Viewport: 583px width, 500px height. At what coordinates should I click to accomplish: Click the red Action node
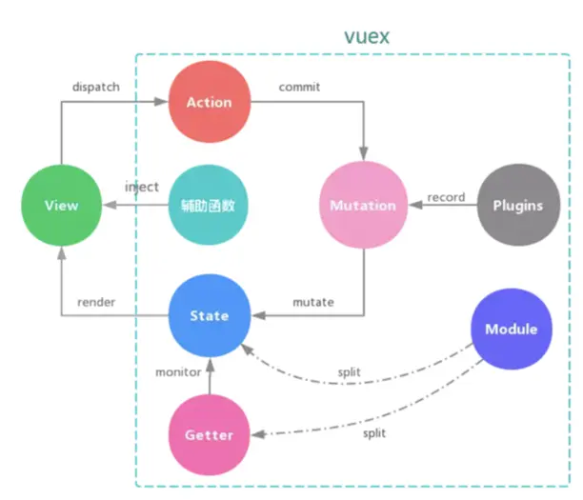(x=208, y=102)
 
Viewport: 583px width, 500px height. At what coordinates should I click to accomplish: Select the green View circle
(x=61, y=205)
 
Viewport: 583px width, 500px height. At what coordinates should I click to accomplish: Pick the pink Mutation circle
(x=362, y=205)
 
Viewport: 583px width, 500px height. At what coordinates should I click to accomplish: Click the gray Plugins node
(x=517, y=205)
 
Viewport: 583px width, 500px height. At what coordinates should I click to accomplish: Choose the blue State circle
(x=208, y=315)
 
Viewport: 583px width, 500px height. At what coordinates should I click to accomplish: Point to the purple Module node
(x=511, y=330)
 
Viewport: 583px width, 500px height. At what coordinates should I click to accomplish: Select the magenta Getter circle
(x=208, y=434)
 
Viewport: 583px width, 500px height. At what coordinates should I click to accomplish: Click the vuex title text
(x=367, y=36)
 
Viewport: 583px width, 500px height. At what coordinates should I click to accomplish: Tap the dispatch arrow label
(x=96, y=87)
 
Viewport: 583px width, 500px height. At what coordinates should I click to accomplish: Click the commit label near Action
(x=299, y=87)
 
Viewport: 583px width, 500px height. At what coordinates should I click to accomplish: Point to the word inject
(x=142, y=187)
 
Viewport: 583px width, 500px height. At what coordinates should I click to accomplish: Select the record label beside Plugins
(x=446, y=197)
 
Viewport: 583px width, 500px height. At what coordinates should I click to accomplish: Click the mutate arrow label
(x=313, y=302)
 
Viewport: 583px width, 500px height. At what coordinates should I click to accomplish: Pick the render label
(x=96, y=302)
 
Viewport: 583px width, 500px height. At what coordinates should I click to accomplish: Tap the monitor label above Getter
(x=178, y=372)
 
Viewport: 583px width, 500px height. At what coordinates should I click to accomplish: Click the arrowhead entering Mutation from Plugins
(x=414, y=205)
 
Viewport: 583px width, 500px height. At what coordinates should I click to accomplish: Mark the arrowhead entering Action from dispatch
(x=163, y=102)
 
